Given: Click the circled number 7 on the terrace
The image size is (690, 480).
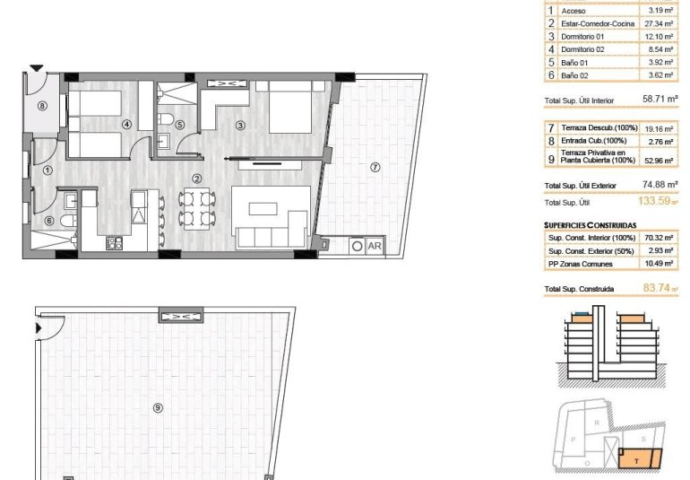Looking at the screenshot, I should click(x=375, y=166).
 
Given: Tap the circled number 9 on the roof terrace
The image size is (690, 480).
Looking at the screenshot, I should click(x=158, y=407).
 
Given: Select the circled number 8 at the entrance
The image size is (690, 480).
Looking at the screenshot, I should click(x=41, y=105).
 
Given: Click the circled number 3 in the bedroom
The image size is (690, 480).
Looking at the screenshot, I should click(x=240, y=125).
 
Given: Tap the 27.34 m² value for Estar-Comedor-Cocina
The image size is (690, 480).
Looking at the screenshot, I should click(x=656, y=23).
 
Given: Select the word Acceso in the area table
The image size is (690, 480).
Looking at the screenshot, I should click(x=574, y=11).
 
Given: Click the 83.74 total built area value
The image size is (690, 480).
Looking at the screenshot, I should click(x=657, y=289).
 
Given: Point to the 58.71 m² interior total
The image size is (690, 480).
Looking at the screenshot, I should click(x=659, y=101).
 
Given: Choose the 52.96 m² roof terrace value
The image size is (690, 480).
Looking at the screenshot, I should click(x=656, y=161).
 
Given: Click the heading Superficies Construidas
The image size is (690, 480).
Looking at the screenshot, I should click(x=590, y=225).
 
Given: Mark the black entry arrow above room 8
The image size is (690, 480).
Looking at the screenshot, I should click(x=35, y=67).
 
